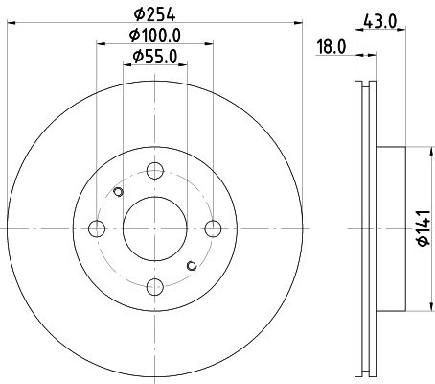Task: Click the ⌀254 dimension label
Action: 155,14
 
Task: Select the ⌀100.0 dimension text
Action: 155,36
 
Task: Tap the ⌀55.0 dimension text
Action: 155,57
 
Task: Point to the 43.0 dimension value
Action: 380,22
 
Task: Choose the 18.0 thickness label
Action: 332,47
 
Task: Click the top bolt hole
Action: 155,171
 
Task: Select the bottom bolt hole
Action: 155,287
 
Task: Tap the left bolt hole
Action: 97,228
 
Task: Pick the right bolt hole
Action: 213,228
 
